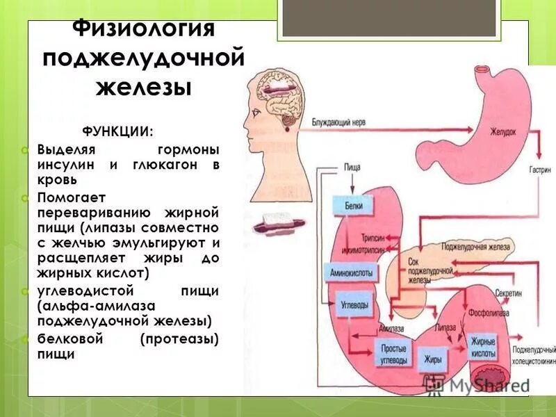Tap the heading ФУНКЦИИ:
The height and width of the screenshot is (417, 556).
click(117, 131)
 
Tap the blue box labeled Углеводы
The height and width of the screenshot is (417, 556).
click(355, 305)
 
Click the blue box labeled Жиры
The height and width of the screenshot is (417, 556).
click(432, 359)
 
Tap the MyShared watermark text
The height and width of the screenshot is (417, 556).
click(480, 384)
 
